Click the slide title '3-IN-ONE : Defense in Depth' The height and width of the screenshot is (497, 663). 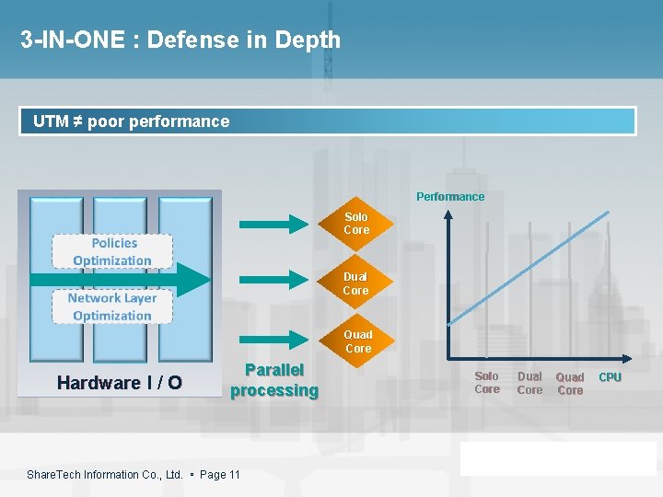180,40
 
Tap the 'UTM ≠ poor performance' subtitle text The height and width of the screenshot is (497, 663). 131,121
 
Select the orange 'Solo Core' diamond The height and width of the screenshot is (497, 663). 356,224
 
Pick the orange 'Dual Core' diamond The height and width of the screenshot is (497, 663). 355,283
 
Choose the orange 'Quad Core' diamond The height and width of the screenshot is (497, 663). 358,341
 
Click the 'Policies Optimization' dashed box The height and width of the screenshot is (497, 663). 112,252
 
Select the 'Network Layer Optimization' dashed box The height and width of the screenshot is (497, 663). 112,306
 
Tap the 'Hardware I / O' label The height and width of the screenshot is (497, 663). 120,383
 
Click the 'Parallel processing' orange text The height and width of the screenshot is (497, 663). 274,380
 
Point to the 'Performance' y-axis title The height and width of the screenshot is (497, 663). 450,196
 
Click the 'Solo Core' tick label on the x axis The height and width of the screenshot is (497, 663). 487,383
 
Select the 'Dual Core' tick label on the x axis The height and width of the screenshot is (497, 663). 529,383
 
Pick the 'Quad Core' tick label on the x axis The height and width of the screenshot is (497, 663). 570,384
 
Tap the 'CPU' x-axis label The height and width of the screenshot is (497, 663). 610,377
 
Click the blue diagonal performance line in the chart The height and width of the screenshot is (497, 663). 529,268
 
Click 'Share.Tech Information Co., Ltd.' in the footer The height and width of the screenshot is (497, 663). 104,475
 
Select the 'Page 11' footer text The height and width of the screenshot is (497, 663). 220,475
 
